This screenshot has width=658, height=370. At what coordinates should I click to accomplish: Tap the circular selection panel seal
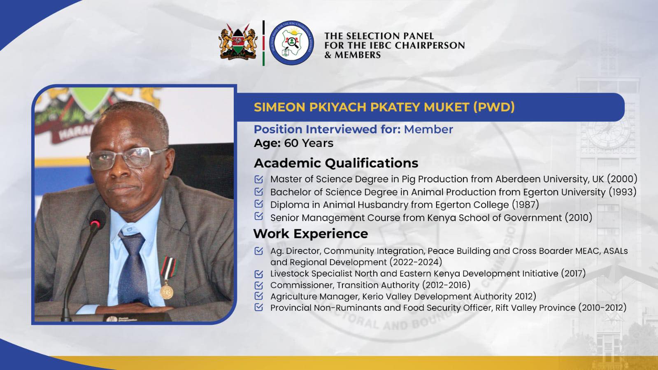click(x=291, y=43)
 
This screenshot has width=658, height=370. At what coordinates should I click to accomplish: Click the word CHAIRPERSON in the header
click(x=430, y=45)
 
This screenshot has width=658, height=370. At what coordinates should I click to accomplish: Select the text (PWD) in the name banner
click(x=494, y=107)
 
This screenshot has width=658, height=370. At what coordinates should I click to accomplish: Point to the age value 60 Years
click(x=309, y=143)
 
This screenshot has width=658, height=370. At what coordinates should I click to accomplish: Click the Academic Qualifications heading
click(x=336, y=163)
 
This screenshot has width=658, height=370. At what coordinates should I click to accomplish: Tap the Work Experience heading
click(x=311, y=234)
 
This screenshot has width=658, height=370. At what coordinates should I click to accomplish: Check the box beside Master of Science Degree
click(x=259, y=179)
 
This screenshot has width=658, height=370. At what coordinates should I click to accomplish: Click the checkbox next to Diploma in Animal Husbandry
click(x=259, y=204)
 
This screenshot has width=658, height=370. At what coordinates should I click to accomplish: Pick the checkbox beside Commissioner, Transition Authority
click(x=259, y=285)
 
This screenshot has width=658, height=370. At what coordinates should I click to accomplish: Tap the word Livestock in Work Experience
click(x=289, y=273)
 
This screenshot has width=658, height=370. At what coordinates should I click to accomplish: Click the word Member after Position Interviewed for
click(x=428, y=129)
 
